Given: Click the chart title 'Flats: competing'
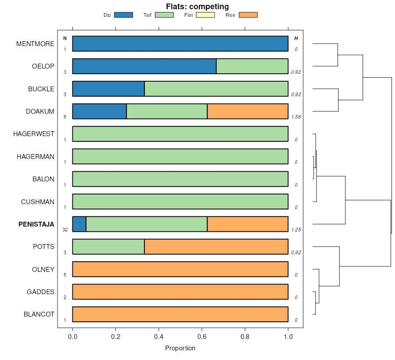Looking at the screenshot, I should [197, 7].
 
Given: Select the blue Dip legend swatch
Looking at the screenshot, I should [123, 15].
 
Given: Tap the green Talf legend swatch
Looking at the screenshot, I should [164, 15].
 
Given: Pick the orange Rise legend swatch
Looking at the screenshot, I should [248, 15].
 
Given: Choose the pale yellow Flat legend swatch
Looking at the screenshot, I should [205, 15].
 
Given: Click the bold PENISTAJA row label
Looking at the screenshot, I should [36, 224].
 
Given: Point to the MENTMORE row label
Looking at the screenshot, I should [35, 44].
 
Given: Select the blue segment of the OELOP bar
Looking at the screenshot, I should [144, 66].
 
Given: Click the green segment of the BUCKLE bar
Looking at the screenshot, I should [216, 89].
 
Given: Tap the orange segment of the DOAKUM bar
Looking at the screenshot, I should [248, 112].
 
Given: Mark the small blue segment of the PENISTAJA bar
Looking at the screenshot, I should [79, 224].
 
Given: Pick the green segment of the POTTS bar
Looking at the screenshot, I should [108, 247].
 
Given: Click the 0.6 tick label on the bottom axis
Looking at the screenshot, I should [201, 337].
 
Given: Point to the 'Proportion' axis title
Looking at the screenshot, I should [180, 348].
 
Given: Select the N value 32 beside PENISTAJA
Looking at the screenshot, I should [65, 230].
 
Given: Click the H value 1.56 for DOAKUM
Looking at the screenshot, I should [296, 117].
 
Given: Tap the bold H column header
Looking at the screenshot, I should [296, 39].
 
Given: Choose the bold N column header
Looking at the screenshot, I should [65, 39].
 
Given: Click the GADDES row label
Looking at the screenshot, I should [40, 292].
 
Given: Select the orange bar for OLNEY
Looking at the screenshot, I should [180, 269].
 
